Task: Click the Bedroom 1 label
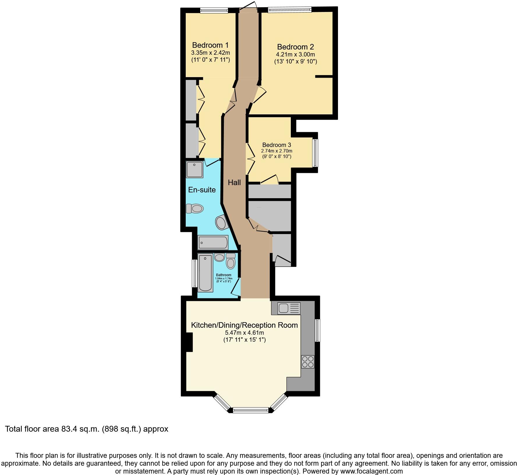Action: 210,45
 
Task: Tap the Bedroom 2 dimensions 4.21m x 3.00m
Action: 295,54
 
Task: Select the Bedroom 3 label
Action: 277,145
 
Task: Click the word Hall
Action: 234,182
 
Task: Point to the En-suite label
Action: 202,190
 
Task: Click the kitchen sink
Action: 288,308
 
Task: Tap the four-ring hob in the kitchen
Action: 308,362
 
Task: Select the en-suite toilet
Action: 194,208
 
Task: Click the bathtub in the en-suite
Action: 213,242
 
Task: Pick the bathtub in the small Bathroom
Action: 205,272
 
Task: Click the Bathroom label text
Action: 224,275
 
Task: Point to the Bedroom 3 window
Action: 315,153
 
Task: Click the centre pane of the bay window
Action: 250,410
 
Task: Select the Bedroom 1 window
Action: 214,10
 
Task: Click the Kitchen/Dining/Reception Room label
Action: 244,325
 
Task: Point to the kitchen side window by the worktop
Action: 318,330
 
